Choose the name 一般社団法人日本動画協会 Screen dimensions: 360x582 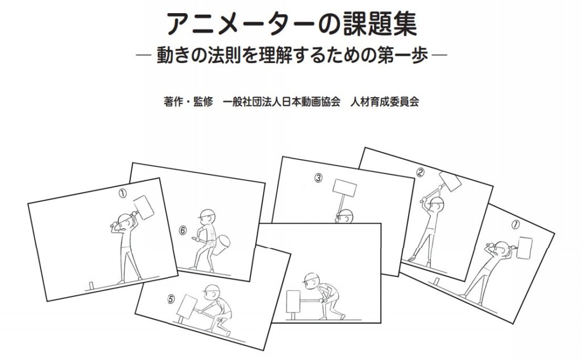point(282,104)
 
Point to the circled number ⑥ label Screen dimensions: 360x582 point(182,230)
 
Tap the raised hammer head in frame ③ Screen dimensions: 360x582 point(344,188)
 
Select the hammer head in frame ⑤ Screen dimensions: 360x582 point(186,308)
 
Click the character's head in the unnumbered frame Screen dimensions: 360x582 point(311,280)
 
